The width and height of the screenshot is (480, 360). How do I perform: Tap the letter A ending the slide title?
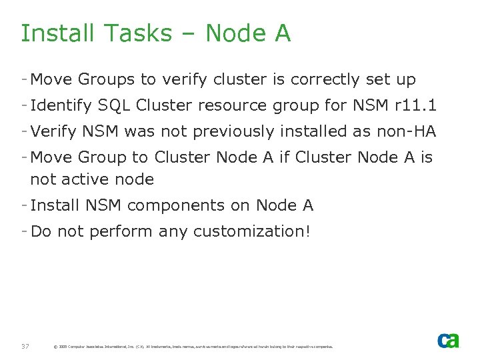[281, 33]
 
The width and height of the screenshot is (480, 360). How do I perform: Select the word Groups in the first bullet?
[106, 80]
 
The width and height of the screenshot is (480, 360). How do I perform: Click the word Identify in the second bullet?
[61, 106]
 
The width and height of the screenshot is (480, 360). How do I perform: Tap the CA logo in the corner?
[448, 340]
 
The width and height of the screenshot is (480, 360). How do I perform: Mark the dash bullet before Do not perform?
[24, 231]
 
